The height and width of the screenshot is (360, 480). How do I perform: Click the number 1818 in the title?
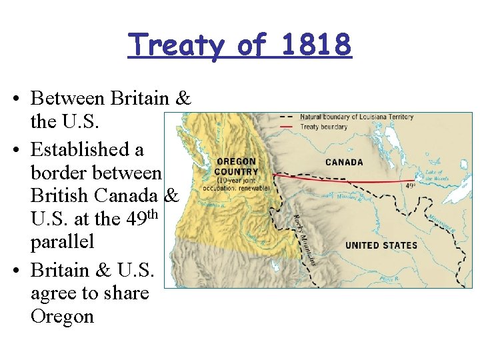316,45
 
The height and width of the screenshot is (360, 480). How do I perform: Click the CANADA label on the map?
344,162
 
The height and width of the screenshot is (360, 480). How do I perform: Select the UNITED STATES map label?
381,245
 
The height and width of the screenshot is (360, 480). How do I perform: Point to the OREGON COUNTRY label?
237,167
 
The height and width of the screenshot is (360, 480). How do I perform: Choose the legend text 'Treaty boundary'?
323,127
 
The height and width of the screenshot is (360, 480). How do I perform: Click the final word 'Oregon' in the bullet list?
62,315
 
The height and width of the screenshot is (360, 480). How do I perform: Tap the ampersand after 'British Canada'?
171,196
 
